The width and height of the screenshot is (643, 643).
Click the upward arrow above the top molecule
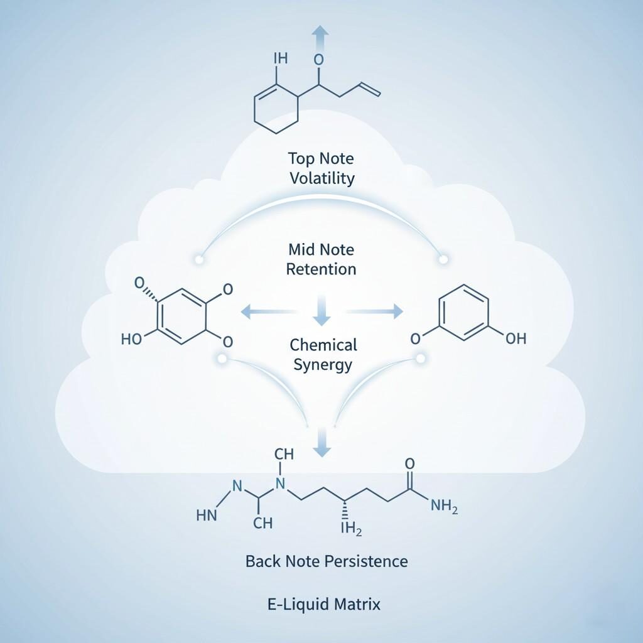click(x=320, y=36)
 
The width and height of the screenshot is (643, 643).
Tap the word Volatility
click(x=322, y=178)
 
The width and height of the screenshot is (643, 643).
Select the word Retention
click(x=321, y=269)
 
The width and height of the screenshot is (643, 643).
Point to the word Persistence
click(x=367, y=561)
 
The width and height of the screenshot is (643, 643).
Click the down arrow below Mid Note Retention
click(x=321, y=310)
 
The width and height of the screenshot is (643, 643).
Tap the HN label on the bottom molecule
click(x=207, y=516)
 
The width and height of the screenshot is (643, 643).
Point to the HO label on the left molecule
click(x=131, y=339)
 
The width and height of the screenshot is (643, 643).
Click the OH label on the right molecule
click(x=516, y=338)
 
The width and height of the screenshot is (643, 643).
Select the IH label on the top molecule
click(x=280, y=58)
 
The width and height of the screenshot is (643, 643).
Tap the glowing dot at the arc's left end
click(x=200, y=258)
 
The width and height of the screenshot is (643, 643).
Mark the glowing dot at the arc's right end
click(x=443, y=258)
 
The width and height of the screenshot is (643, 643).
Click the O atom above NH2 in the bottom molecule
click(x=410, y=463)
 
